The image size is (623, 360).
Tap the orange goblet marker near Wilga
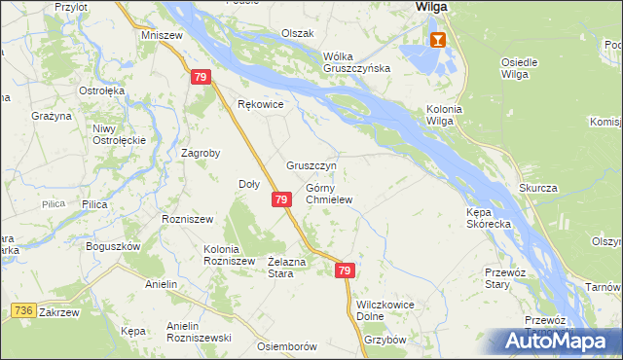(438, 39)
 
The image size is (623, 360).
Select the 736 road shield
(24, 309)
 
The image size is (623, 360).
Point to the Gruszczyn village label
(311, 165)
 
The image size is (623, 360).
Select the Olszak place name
(298, 33)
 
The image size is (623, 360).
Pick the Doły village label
(249, 183)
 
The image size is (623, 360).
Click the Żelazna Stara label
(288, 267)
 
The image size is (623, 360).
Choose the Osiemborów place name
(287, 346)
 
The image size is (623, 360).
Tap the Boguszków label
(114, 246)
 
